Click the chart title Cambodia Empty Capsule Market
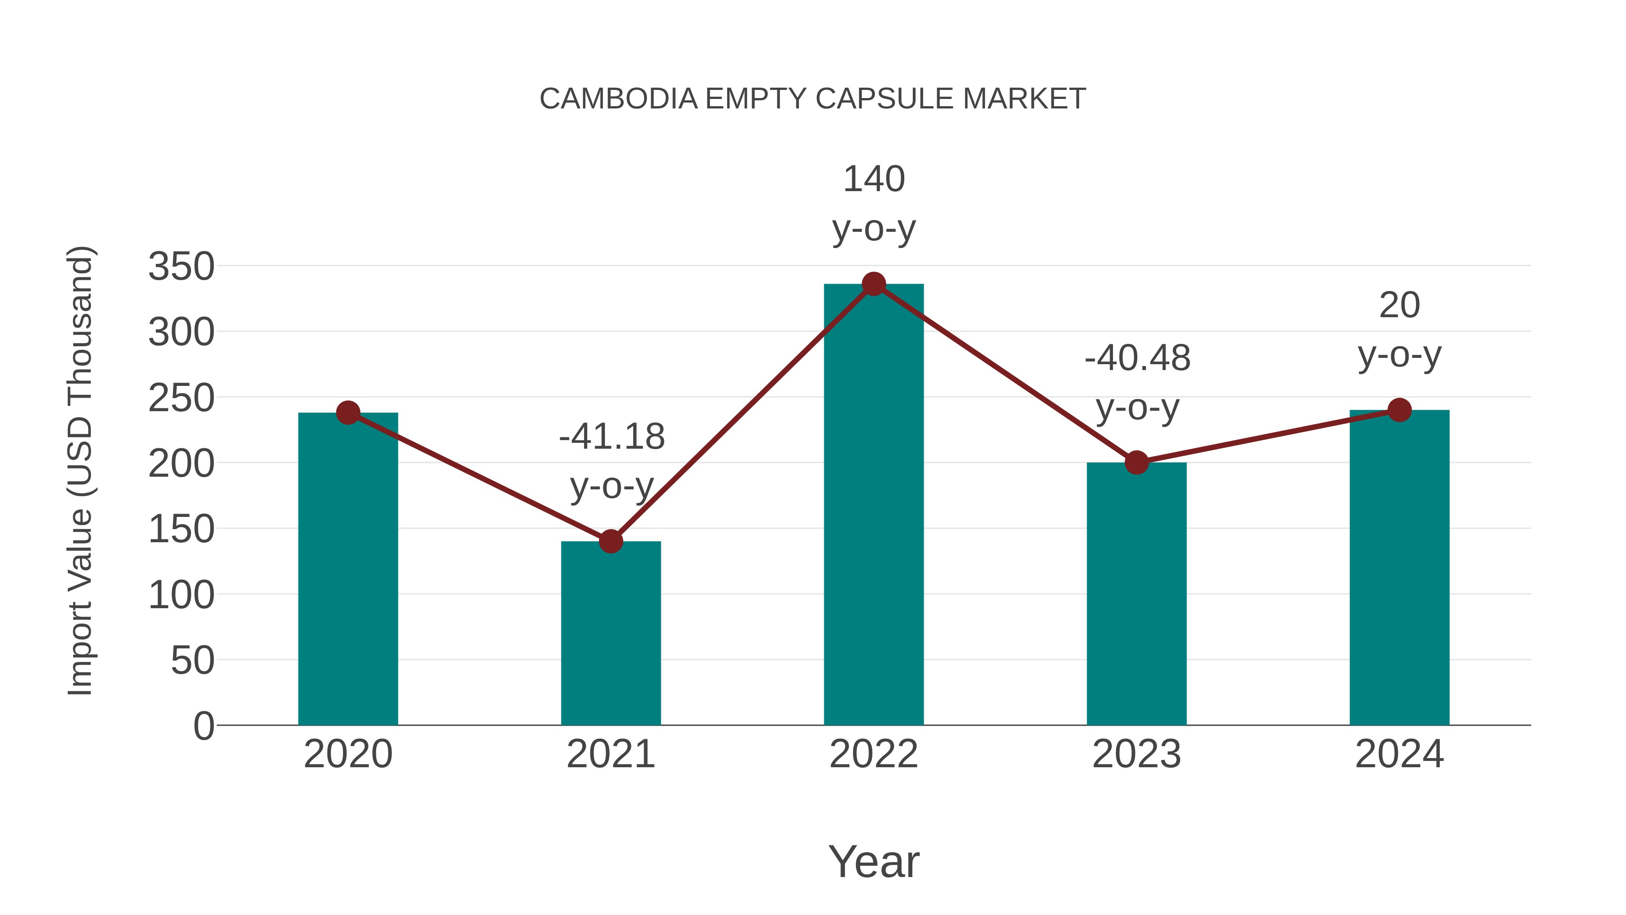813,99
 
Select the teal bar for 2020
348,568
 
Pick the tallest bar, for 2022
874,505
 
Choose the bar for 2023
1136,594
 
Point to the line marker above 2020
348,413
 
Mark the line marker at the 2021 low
610,541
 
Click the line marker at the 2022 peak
874,284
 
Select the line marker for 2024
1399,410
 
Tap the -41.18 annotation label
612,436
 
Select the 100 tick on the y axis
181,594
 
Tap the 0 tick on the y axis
203,726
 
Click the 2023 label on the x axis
1136,754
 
